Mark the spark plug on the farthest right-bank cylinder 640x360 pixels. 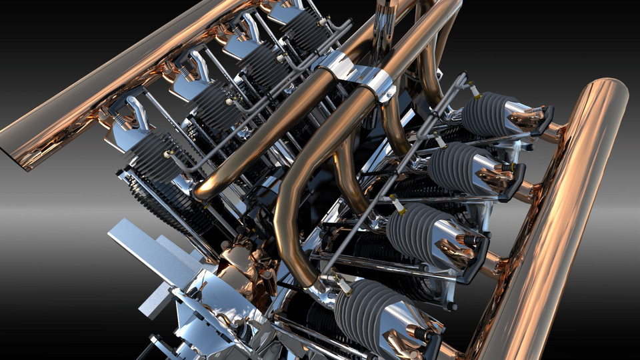click(474, 90)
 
